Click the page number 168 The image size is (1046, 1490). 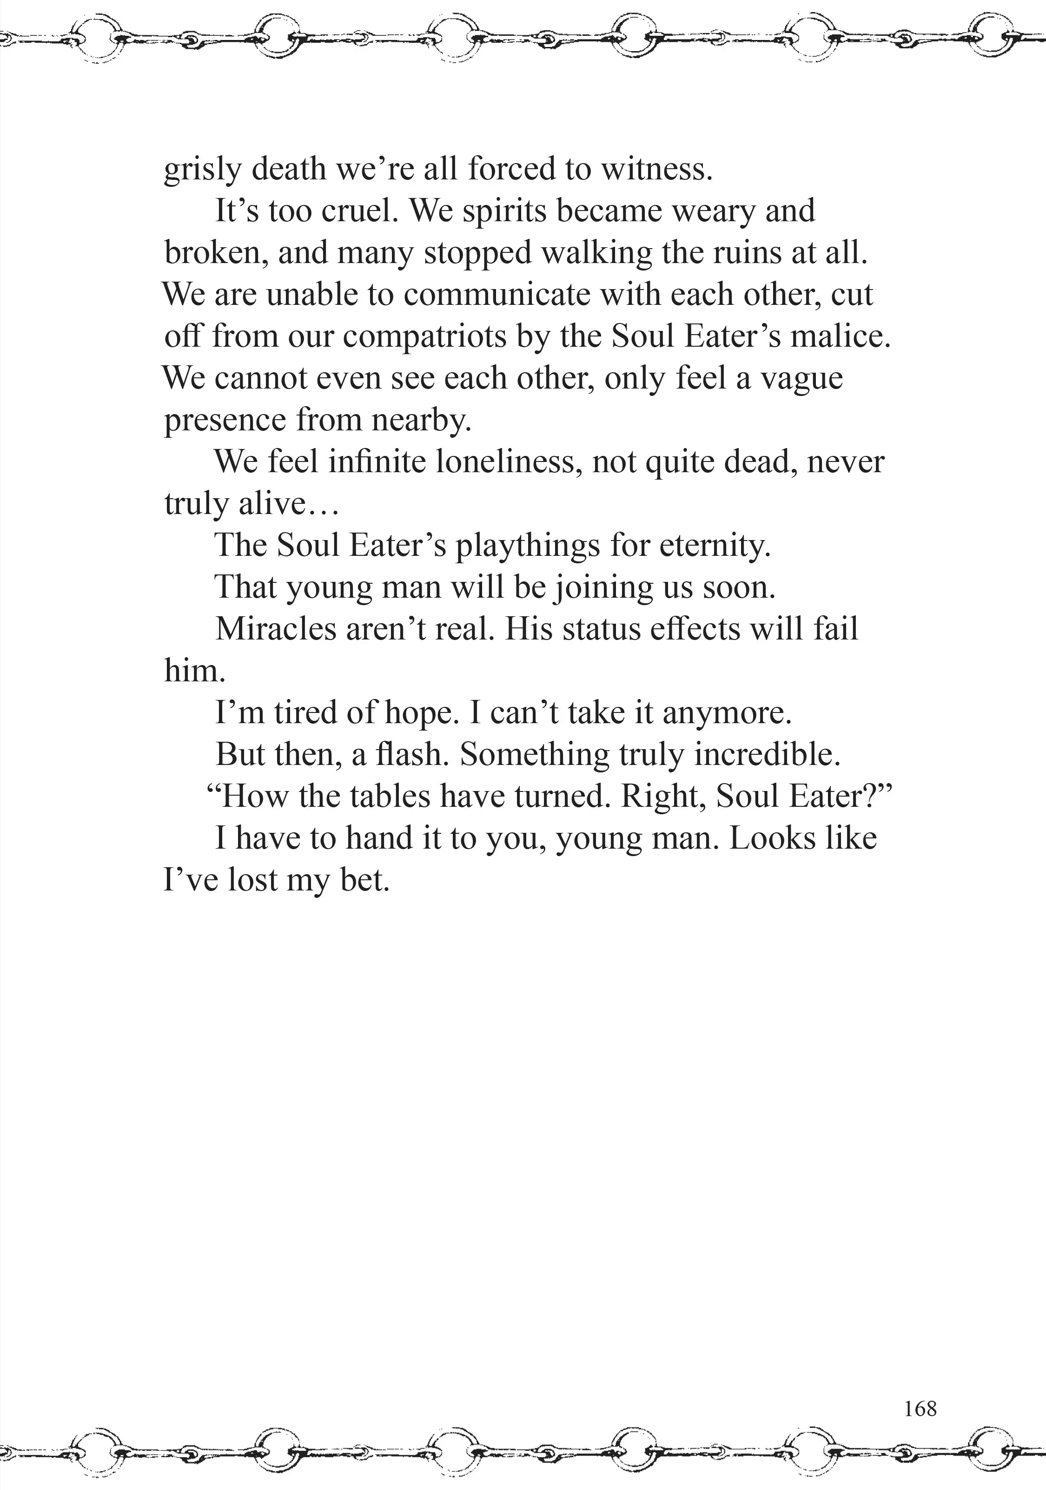[920, 1408]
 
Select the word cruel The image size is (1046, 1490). [360, 211]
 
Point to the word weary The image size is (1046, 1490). [713, 211]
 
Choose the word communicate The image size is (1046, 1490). [496, 295]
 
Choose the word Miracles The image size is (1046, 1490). [276, 629]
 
